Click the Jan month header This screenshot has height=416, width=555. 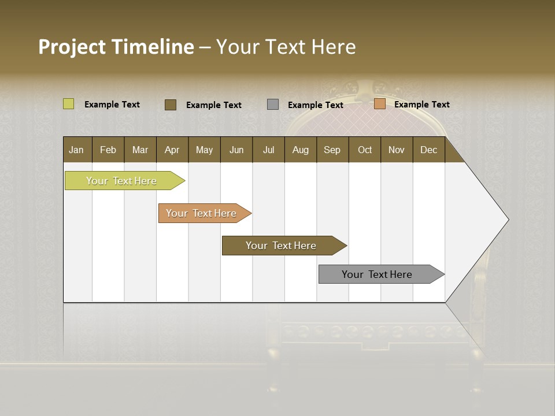coord(77,150)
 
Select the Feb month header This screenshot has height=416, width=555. coord(108,150)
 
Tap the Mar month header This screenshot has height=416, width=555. coord(140,150)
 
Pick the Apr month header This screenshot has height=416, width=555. coord(172,150)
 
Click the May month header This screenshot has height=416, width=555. coord(204,150)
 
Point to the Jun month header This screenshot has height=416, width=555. coord(236,150)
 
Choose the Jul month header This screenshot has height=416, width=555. coord(268,150)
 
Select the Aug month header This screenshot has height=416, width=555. coord(301,150)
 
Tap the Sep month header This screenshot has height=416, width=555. coord(332,150)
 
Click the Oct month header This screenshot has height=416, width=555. coord(365,150)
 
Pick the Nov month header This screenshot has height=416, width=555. coord(397,150)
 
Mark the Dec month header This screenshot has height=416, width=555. coord(429,150)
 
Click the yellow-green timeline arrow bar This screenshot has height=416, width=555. coord(122,181)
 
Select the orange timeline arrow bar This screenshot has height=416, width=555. coord(202,213)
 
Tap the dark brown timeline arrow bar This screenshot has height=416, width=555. coord(282,246)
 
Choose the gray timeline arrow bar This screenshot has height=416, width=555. coord(378,274)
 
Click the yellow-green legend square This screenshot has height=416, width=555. coord(68,104)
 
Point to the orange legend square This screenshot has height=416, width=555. coord(379,104)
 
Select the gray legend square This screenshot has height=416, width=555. coord(273,105)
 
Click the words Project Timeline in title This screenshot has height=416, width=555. coord(116,47)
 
